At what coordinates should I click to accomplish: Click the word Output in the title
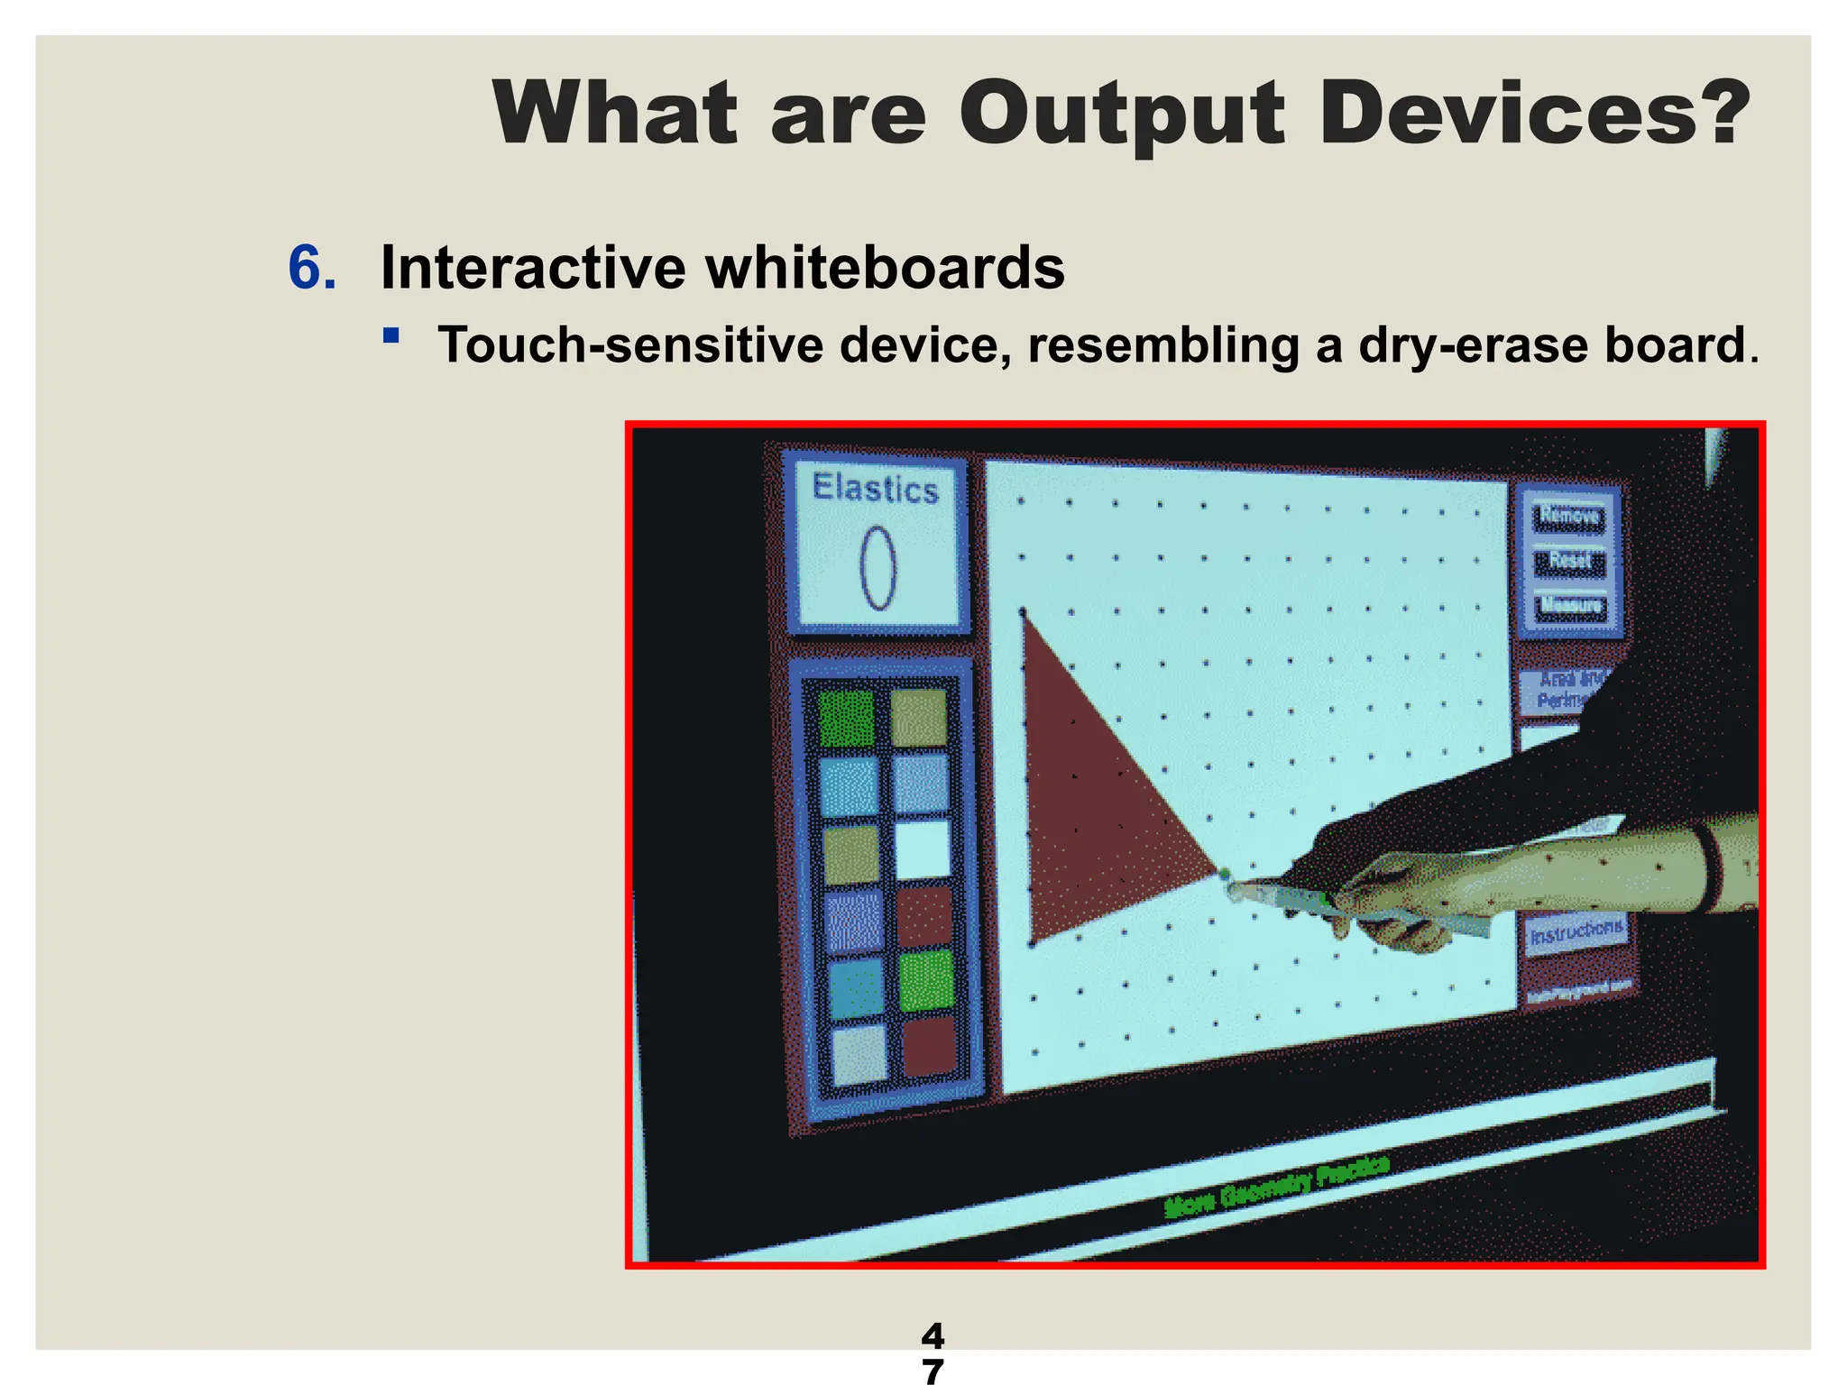1121,115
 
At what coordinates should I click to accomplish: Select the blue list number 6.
312,268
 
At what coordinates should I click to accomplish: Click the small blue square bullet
391,336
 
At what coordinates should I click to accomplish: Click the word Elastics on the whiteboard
875,488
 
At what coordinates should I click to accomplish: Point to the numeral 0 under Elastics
878,568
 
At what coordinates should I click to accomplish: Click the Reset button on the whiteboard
1570,561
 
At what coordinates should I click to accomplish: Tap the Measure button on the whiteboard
1570,605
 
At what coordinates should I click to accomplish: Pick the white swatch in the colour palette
922,848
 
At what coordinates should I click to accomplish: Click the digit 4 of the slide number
933,1335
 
